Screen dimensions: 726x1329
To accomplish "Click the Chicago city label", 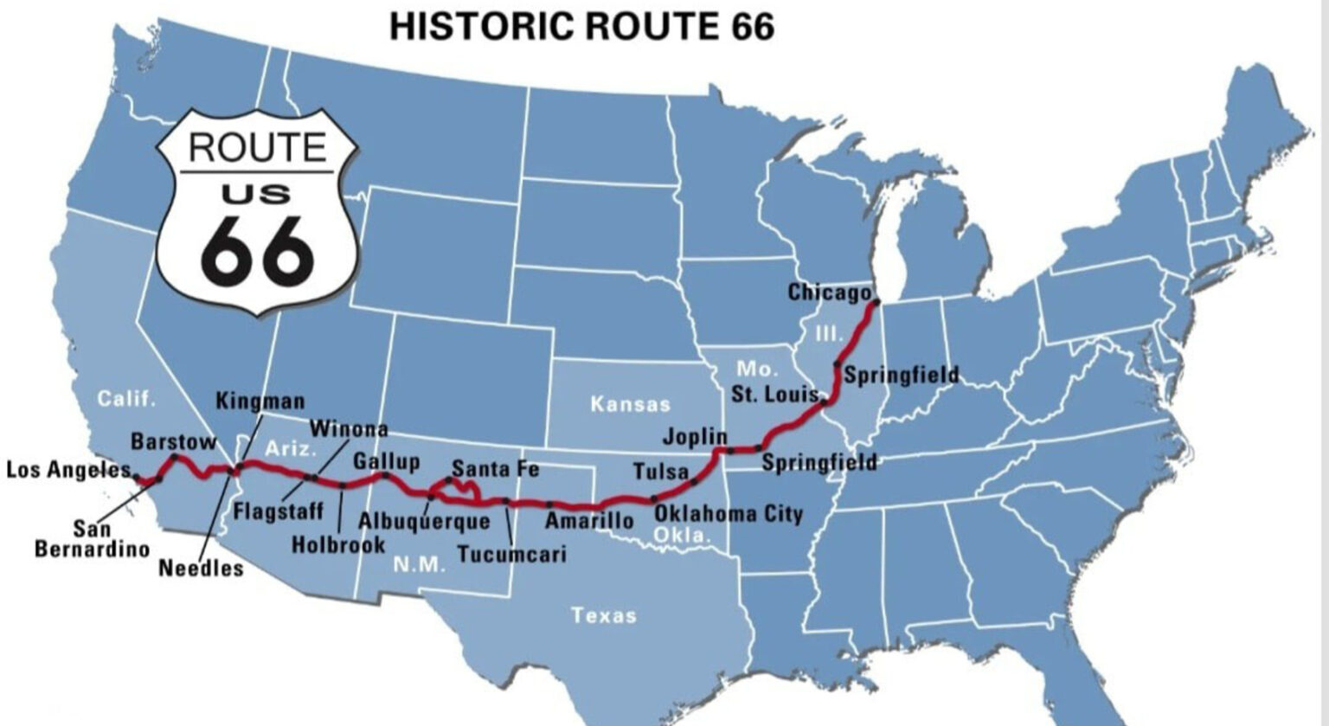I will pos(828,292).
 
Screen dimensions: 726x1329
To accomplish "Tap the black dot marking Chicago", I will pos(876,303).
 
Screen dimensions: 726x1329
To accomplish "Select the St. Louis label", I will pos(774,395).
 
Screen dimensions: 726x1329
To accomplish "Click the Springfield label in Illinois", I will pos(901,375).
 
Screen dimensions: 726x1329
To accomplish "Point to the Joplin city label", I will pos(695,436).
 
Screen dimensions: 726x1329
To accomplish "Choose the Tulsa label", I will pos(661,472).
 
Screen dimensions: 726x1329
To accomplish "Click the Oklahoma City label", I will pos(728,513).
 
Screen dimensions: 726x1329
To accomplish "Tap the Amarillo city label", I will pos(589,520).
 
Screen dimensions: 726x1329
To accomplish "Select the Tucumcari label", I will pos(511,554).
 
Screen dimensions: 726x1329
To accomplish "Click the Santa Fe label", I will pos(495,469).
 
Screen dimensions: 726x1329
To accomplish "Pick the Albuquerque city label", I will pos(424,521).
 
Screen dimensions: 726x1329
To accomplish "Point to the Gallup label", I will pos(386,460).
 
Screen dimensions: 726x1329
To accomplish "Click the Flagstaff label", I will pos(278,511).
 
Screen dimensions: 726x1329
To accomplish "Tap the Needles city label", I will pos(201,569).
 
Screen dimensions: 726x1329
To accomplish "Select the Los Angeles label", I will pos(68,470).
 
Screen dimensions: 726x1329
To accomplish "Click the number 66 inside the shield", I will pos(257,250).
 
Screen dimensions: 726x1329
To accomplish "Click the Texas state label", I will pos(603,615).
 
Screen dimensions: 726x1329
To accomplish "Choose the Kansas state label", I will pos(630,403).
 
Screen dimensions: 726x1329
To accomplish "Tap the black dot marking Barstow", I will pos(174,457).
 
